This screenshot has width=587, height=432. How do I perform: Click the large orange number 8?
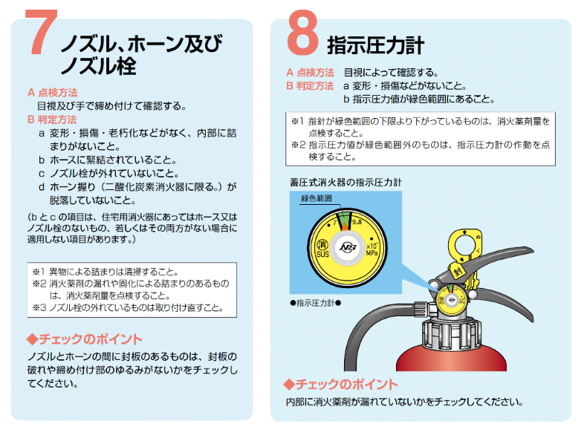pyautogui.click(x=302, y=33)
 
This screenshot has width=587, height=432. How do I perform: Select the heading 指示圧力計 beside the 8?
pyautogui.click(x=375, y=45)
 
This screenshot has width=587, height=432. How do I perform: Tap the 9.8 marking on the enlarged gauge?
pyautogui.click(x=357, y=222)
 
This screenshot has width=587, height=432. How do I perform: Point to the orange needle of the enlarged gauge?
pyautogui.click(x=345, y=226)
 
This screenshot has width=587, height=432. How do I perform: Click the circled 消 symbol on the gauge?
pyautogui.click(x=322, y=245)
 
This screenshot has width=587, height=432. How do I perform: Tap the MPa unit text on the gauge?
pyautogui.click(x=372, y=253)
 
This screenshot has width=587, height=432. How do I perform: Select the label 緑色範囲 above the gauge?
pyautogui.click(x=317, y=198)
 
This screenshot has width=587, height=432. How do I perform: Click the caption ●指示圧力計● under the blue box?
pyautogui.click(x=315, y=303)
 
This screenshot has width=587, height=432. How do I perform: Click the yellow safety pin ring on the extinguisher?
pyautogui.click(x=464, y=245)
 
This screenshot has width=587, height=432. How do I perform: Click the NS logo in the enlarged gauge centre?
pyautogui.click(x=348, y=247)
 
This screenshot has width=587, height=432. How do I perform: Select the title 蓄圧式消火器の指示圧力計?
pyautogui.click(x=346, y=183)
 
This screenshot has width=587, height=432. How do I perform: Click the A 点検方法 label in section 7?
pyautogui.click(x=53, y=92)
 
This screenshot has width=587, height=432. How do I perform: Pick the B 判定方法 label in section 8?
pyautogui.click(x=310, y=85)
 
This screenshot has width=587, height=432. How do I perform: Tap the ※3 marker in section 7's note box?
pyautogui.click(x=39, y=308)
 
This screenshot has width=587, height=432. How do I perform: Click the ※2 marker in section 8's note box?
pyautogui.click(x=299, y=145)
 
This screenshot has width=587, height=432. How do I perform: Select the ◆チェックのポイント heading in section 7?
pyautogui.click(x=85, y=339)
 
